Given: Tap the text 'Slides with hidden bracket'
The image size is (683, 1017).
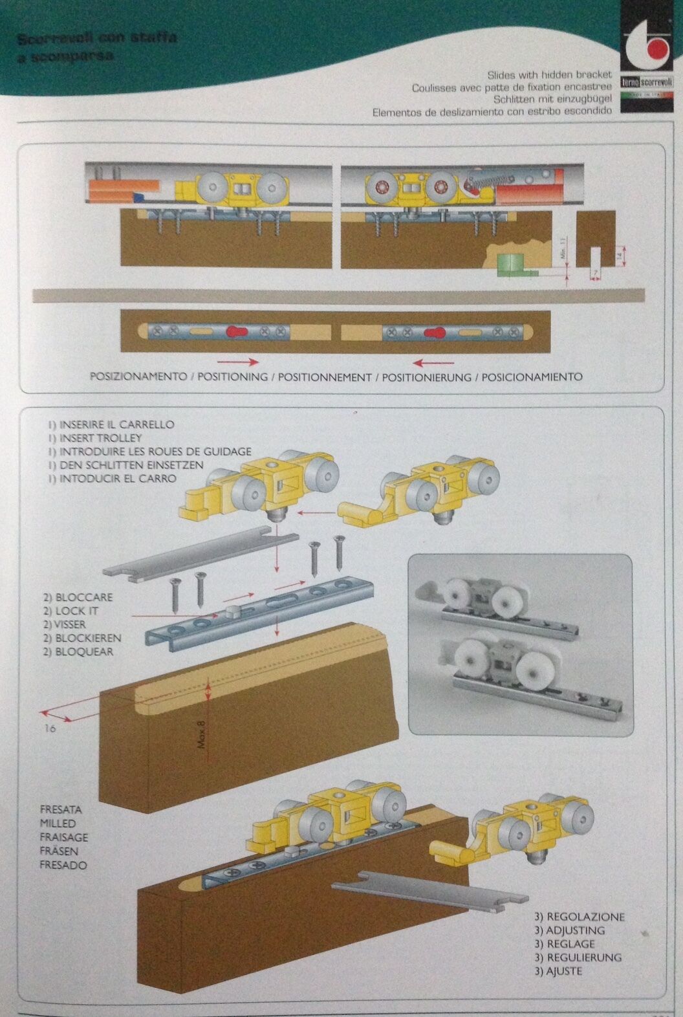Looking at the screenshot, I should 549,75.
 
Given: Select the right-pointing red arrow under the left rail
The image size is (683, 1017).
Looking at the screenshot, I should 237,362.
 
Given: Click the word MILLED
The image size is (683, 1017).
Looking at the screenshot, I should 58,823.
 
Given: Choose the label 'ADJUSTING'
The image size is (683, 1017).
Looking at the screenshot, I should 569,930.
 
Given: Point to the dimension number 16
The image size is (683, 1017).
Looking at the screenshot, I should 51,728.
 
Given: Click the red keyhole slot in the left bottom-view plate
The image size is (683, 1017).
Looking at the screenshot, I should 237,333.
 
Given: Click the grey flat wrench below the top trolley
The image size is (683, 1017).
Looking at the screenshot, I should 200,552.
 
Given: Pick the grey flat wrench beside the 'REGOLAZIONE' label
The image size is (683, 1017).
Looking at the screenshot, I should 428,893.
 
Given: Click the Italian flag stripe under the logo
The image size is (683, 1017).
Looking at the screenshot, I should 647,94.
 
